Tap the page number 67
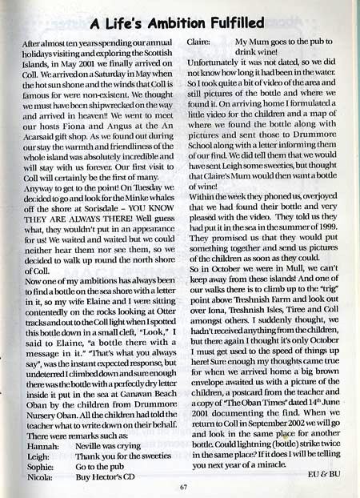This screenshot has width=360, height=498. pos(183,484)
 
